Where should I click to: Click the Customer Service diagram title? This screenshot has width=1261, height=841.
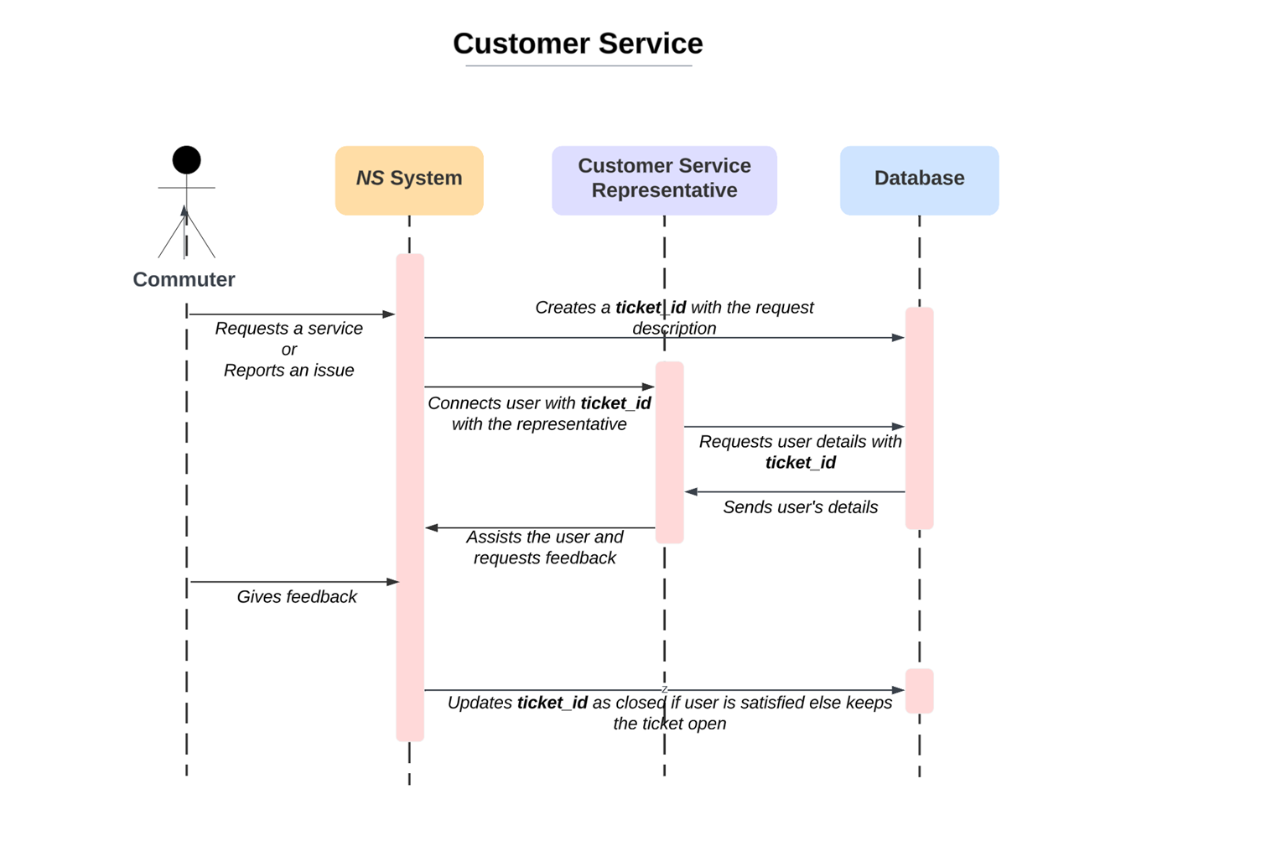[x=578, y=44]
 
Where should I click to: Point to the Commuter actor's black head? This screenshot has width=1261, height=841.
[x=186, y=159]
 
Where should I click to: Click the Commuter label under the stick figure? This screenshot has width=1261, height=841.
[x=184, y=279]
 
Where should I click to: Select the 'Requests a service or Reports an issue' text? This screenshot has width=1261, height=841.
[x=288, y=349]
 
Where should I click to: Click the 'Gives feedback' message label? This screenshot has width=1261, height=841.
[x=296, y=596]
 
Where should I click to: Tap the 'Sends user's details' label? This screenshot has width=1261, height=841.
[x=800, y=507]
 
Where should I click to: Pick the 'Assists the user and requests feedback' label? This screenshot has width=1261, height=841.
[x=544, y=547]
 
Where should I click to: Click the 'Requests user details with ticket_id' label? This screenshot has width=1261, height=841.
[x=800, y=452]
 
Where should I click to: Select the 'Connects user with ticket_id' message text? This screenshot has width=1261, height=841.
[x=539, y=413]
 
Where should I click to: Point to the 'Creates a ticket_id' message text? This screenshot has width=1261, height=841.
[x=674, y=317]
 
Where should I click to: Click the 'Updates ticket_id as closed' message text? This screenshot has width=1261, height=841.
[x=669, y=713]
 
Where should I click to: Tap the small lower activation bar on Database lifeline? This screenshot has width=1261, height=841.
[x=919, y=691]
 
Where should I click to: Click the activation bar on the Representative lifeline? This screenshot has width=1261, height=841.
[x=669, y=453]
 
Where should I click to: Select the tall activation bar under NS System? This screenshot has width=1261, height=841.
[x=410, y=497]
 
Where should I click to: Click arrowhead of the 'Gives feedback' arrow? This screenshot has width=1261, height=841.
[x=392, y=582]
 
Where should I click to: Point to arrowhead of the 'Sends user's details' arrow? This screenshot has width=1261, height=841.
[x=692, y=492]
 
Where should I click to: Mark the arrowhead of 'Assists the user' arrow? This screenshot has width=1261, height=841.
[x=432, y=528]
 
